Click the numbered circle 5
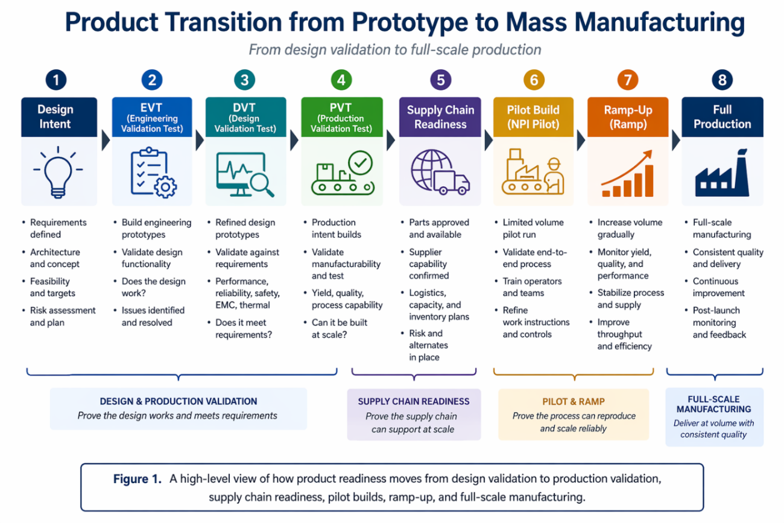point(440,80)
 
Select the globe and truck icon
point(440,172)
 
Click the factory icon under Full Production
point(722,173)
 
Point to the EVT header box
point(152,117)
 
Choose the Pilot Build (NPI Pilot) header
point(533,117)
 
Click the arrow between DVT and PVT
point(294,141)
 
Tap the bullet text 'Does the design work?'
point(153,287)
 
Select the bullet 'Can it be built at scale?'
point(339,328)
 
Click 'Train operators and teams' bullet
point(532,287)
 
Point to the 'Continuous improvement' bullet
point(718,287)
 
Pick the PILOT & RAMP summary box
point(574,414)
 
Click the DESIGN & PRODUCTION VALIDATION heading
point(179,401)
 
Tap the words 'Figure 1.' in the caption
point(138,479)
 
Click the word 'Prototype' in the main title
point(409,23)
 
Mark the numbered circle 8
point(722,80)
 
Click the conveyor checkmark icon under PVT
point(343,173)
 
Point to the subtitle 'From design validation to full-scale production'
point(395,49)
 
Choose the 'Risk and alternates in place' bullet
point(428,345)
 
